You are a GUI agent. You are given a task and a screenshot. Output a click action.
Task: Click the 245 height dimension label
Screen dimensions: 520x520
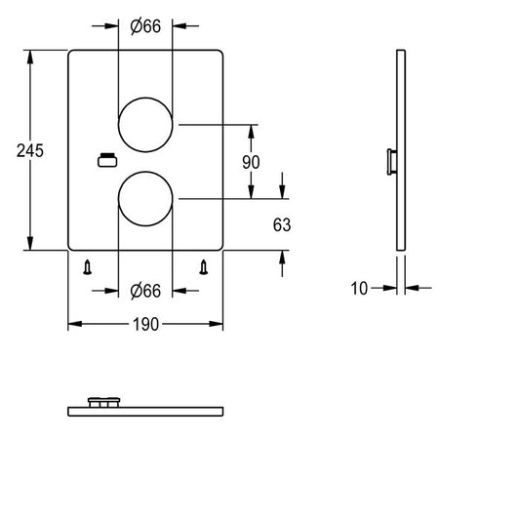coord(30,151)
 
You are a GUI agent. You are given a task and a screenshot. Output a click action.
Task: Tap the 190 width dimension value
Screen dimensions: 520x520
coord(145,324)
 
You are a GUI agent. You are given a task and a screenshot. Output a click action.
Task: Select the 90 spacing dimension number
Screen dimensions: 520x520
coord(251,163)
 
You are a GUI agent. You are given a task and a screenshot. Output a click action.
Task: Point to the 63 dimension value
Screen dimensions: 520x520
coord(282,224)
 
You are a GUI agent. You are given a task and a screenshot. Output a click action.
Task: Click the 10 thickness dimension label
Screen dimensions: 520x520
coord(359,289)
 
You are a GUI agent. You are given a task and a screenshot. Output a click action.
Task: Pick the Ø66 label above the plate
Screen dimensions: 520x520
coord(145,26)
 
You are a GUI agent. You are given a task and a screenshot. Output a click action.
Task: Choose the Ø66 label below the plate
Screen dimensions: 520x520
coord(145,291)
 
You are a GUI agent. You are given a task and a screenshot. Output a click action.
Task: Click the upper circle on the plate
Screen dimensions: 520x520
coord(145,98)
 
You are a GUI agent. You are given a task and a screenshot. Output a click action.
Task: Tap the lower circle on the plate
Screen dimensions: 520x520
coord(145,172)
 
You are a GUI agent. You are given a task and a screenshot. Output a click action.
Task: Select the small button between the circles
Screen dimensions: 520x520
coord(107,160)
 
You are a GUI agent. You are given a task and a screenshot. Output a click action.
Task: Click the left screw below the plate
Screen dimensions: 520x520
coord(87,267)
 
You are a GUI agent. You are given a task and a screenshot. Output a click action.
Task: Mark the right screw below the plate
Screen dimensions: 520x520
coord(203,267)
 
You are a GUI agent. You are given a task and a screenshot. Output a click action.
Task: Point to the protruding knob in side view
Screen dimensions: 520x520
coord(392,162)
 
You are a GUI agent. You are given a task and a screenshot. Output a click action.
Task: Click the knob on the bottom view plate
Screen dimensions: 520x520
coord(103,402)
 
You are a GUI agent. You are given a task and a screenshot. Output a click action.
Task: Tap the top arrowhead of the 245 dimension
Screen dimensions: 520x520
coord(30,57)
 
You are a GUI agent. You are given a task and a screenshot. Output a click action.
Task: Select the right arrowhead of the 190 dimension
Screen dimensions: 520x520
coord(216,324)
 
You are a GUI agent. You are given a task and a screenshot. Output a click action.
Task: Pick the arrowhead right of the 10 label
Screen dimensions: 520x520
coord(412,288)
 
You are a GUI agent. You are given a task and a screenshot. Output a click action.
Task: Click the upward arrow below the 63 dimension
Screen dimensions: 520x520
coord(282,263)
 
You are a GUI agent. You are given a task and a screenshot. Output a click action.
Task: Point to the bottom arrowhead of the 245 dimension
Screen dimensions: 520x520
coord(30,244)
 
